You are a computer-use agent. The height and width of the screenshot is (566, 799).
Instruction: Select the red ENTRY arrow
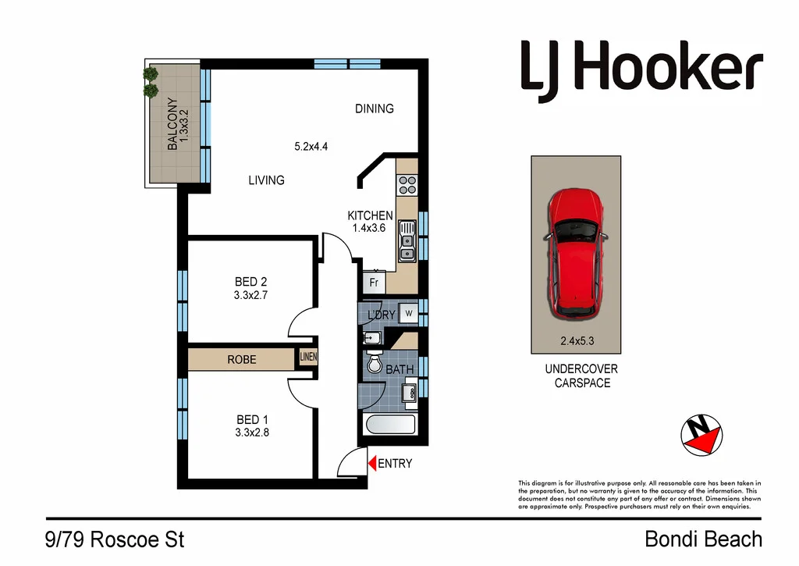point(372,463)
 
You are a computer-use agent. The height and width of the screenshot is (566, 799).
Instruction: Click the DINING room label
point(375,109)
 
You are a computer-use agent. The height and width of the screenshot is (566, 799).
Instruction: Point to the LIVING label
point(266,180)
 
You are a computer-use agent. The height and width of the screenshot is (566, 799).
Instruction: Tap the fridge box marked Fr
point(374,283)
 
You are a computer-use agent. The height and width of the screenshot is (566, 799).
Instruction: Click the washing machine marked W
point(408,315)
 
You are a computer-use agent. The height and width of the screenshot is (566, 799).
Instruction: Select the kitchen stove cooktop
point(407,184)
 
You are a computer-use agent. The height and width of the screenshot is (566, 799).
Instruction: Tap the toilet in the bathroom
point(374,365)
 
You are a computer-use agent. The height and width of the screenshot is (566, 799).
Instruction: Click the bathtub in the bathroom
point(390,426)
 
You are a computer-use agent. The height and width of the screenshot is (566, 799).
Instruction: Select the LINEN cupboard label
point(307,358)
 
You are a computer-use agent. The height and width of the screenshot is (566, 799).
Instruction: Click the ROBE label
point(241,360)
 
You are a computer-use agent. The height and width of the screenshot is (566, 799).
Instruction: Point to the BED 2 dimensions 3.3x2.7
point(250,295)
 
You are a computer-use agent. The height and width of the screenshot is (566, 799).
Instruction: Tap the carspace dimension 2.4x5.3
point(576,340)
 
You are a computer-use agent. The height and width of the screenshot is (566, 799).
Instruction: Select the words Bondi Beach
point(703,539)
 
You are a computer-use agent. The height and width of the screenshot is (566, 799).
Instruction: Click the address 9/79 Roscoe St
point(115,539)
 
